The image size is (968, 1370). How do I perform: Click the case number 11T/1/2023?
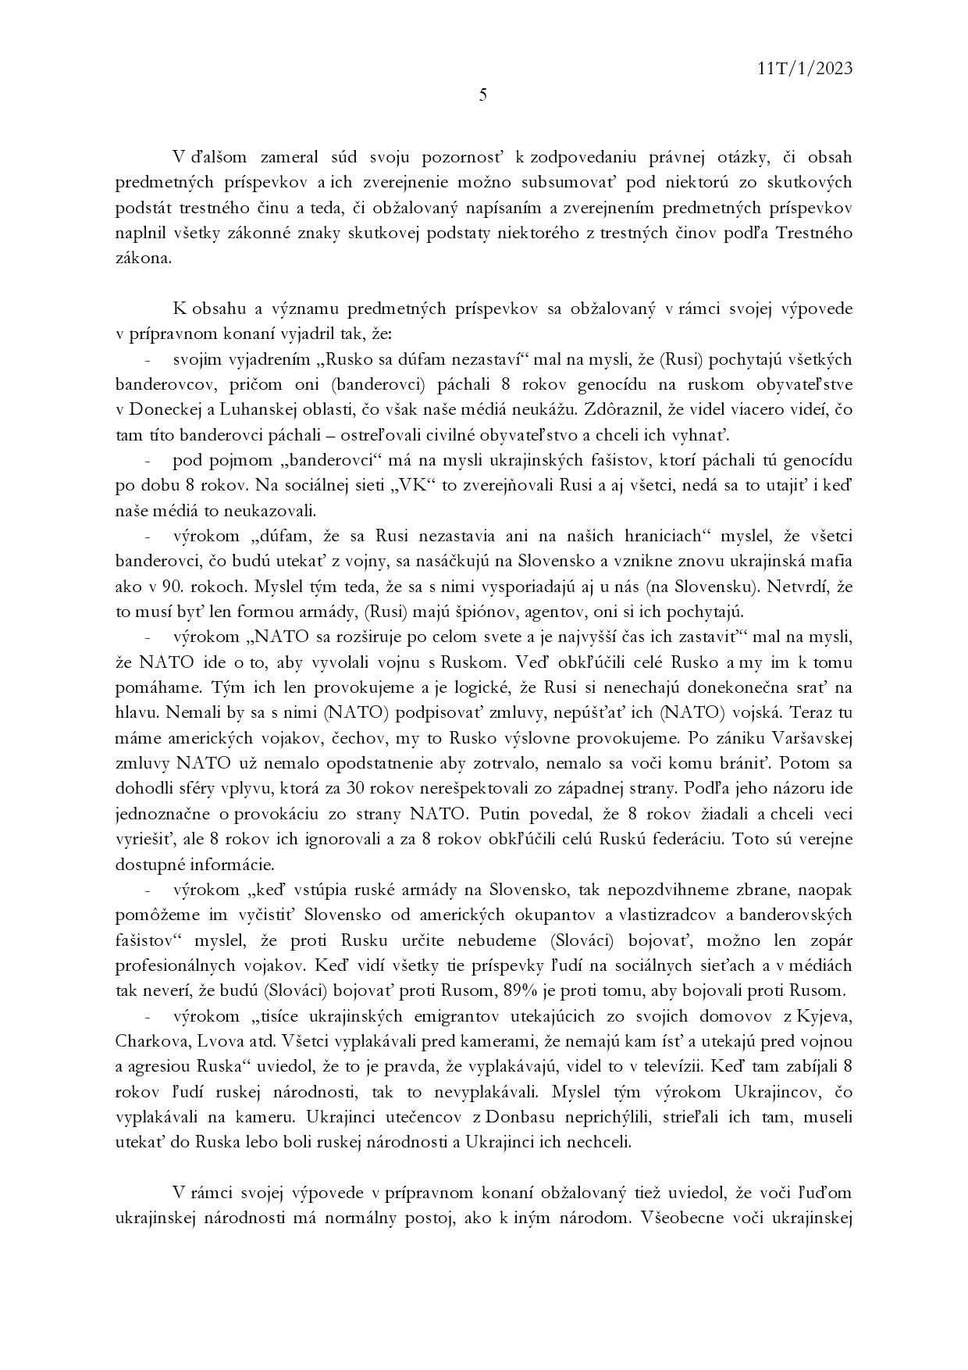click(805, 69)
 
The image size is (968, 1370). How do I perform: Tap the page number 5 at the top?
click(483, 95)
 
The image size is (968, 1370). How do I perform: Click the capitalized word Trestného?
click(814, 234)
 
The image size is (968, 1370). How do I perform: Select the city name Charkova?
click(149, 1042)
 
